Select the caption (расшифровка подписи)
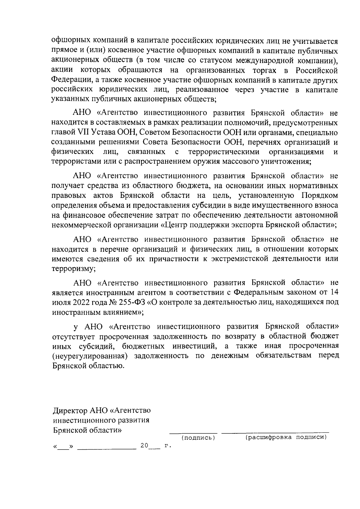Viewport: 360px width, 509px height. pyautogui.click(x=286, y=437)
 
